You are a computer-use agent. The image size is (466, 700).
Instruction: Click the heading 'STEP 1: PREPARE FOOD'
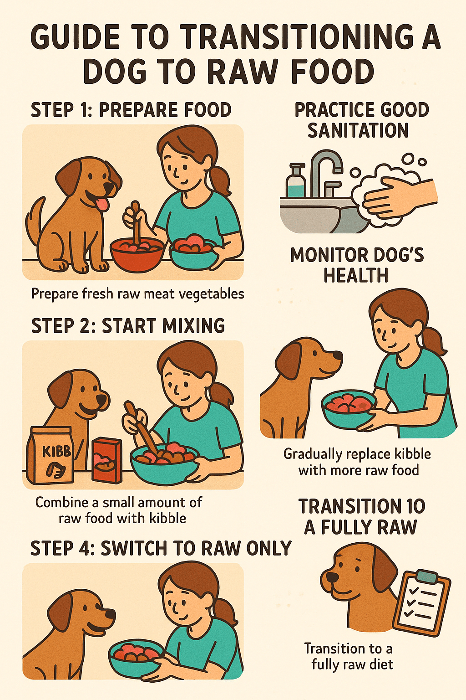pos(131,110)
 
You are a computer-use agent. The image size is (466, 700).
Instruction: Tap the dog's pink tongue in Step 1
pos(102,203)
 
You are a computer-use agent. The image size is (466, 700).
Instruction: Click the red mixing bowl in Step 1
pos(137,255)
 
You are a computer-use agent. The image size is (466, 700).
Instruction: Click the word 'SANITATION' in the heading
pos(358,131)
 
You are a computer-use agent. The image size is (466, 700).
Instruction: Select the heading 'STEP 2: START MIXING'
pos(128,326)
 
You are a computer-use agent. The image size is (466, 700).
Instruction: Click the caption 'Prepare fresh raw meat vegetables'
pos(137,294)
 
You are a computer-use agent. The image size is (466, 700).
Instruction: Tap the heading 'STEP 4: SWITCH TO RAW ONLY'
pos(161,549)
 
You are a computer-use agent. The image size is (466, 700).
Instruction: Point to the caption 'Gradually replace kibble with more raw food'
pos(357,462)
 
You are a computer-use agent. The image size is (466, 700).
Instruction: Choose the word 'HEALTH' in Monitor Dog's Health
pos(356,276)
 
